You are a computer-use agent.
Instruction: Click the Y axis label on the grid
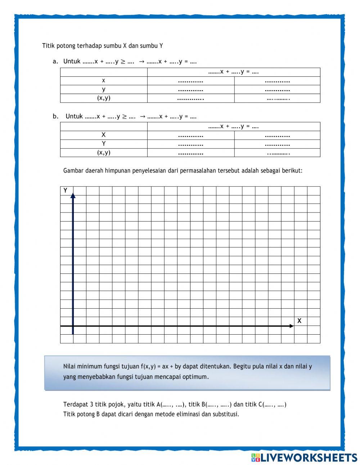tap(65, 191)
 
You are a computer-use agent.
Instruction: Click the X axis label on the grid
tap(299, 321)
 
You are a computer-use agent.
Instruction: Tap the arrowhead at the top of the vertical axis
tap(73, 195)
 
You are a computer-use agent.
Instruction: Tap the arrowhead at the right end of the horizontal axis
tap(292, 326)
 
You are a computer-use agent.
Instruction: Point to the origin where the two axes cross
tap(73, 326)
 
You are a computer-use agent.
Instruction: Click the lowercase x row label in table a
tap(104, 81)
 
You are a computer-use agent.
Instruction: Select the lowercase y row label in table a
tap(104, 89)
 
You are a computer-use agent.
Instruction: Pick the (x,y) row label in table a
tap(104, 98)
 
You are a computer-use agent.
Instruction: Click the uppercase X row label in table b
tap(104, 135)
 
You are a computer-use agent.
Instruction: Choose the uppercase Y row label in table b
tap(104, 144)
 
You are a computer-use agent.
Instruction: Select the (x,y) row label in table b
tap(104, 152)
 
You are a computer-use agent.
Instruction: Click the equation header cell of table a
tap(234, 72)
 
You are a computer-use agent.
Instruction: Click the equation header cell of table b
tap(234, 126)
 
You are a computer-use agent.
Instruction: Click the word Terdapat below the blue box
tap(76, 404)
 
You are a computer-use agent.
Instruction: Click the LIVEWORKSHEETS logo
tap(304, 457)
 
